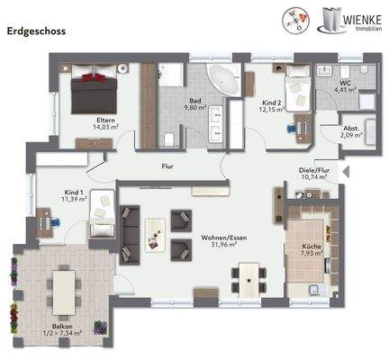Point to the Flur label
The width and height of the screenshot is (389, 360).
click(167, 165)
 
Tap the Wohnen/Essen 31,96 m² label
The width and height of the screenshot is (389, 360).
click(219, 240)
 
